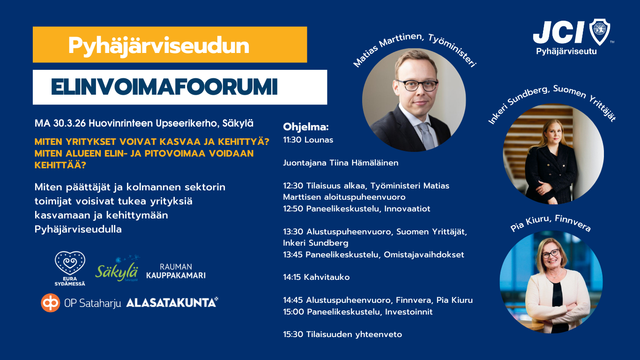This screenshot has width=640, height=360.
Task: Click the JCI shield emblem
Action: [x=600, y=32]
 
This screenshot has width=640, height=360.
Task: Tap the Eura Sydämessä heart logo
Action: [x=70, y=269]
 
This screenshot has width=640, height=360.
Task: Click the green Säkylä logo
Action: [x=117, y=269]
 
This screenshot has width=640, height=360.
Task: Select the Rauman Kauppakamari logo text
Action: [x=176, y=271]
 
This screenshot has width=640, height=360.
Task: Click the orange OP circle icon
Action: [x=51, y=303]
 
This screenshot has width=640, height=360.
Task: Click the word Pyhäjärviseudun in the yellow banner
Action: [x=158, y=46]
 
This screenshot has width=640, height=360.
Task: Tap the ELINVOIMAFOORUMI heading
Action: [x=164, y=87]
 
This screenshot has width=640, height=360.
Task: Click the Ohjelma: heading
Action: [x=306, y=127]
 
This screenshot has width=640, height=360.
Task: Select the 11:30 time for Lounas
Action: [x=292, y=140]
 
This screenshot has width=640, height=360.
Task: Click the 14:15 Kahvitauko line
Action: [x=316, y=277]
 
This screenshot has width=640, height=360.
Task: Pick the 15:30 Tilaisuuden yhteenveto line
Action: [x=342, y=334]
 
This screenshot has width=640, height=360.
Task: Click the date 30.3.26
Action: [x=69, y=123]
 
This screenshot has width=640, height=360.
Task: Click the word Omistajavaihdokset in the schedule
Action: [x=424, y=255]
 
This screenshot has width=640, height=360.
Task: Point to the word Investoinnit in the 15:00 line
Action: [x=409, y=312]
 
